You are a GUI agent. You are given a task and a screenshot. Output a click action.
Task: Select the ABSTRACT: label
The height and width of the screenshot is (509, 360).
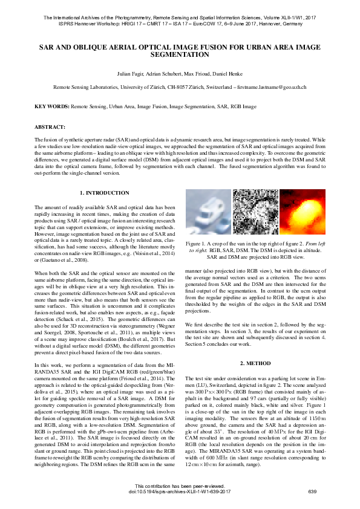coord(50,128)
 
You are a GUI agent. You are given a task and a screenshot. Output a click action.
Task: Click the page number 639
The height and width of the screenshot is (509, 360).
coord(312,491)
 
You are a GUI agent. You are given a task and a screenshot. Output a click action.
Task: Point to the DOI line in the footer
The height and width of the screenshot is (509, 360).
coord(180,491)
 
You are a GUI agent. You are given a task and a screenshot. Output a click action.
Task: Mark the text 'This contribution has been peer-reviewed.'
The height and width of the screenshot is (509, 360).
coord(180,486)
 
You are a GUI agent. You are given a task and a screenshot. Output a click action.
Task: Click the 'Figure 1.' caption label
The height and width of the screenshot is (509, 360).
coord(199,242)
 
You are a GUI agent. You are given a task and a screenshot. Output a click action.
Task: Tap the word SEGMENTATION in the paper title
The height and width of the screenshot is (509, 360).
coord(180,54)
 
